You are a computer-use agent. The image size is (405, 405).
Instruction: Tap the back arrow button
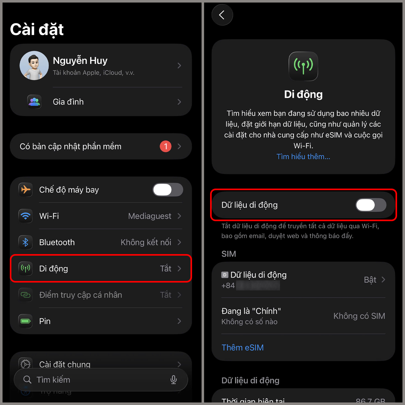coord(222,15)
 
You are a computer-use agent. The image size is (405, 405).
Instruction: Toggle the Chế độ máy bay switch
coord(168,190)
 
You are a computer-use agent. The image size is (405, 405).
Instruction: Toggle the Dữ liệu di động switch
coord(371,205)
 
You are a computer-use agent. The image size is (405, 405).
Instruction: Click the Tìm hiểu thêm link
coord(303,157)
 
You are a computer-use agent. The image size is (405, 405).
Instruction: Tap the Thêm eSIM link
coord(242,347)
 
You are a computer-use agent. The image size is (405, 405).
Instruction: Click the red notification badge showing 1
coord(165,146)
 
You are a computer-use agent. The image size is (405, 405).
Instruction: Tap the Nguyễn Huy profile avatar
coord(34,65)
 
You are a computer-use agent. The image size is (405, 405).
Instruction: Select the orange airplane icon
coord(26,190)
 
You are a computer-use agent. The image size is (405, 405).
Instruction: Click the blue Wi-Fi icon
coord(26,216)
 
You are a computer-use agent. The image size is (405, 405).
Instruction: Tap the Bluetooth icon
coord(26,242)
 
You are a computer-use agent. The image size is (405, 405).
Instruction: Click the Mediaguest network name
coord(149,216)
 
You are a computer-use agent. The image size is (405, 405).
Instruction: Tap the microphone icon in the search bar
coord(173,380)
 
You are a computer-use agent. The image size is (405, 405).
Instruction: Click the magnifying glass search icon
coord(28,380)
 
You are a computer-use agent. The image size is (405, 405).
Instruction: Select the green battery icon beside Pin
coord(26,321)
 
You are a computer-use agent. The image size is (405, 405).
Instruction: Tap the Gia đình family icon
coord(34,102)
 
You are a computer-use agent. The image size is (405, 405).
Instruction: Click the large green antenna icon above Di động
coord(303,66)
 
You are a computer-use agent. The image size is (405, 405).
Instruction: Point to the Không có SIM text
coord(359,316)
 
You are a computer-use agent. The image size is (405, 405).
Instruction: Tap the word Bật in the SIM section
coord(370,280)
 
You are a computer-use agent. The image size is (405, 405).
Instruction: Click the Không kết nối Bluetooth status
coord(146,242)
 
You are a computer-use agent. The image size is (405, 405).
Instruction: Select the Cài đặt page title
coord(37,30)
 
